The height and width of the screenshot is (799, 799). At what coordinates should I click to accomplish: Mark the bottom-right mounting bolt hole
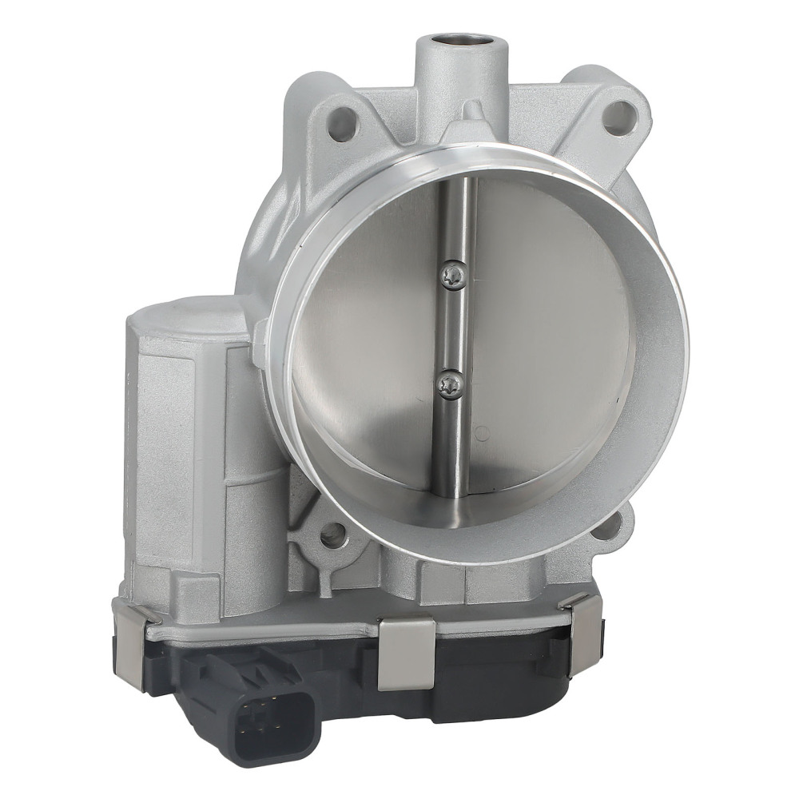click(x=609, y=526)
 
